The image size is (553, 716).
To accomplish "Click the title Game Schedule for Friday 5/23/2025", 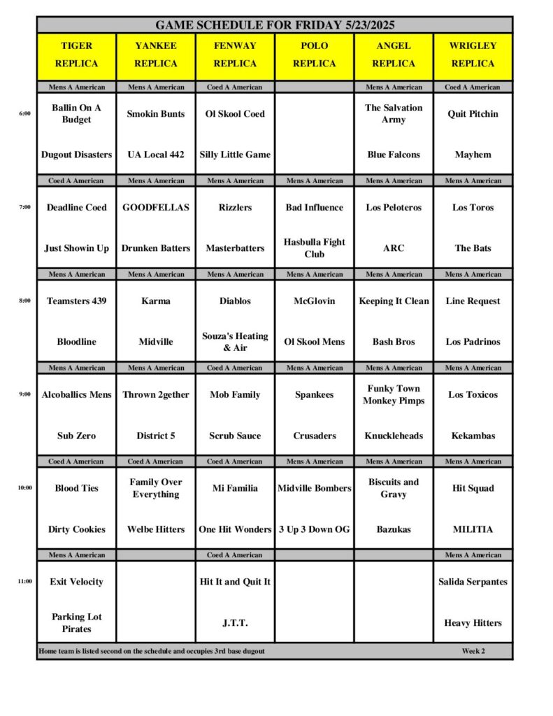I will [275, 25].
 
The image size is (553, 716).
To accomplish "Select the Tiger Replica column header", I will [77, 55].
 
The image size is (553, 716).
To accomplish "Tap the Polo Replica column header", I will [315, 55].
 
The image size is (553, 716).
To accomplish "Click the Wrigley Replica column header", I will [473, 55].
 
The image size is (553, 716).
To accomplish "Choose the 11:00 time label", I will [24, 581].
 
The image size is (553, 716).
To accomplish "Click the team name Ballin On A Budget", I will [77, 113].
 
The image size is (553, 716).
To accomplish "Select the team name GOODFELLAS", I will [156, 208].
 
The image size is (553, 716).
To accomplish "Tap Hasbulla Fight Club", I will [315, 248].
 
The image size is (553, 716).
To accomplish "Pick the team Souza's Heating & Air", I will [236, 342].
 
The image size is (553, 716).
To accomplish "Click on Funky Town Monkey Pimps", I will [394, 394].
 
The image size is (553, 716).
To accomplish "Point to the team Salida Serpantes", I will [473, 582].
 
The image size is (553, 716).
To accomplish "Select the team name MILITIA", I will [473, 529].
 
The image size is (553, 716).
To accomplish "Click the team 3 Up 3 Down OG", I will [315, 529].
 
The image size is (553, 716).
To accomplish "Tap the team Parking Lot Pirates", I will [77, 623].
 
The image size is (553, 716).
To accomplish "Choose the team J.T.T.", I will [236, 623].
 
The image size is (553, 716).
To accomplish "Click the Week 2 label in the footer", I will [473, 651].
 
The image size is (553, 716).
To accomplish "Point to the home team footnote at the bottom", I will [152, 651].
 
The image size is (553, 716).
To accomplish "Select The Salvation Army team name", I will [394, 113].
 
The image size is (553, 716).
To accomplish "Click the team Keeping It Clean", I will [394, 301].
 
